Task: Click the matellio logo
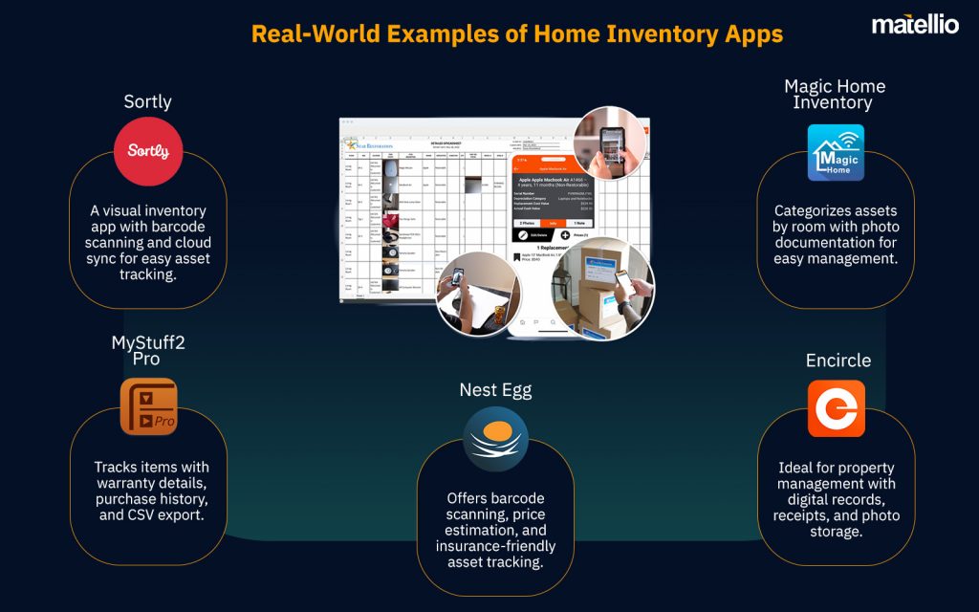[x=914, y=25]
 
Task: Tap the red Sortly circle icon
[x=147, y=150]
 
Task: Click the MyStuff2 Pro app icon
[x=148, y=406]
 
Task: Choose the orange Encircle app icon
[x=836, y=408]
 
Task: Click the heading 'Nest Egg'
[x=495, y=389]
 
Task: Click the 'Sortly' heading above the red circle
[x=147, y=101]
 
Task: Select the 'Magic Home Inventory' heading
[x=835, y=94]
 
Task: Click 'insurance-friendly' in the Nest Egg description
[x=495, y=546]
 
